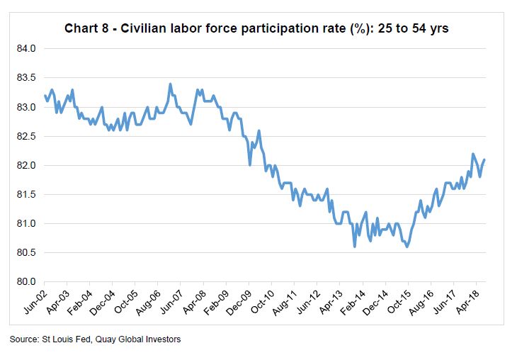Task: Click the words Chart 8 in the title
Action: (88, 28)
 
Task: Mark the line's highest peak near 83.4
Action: (170, 84)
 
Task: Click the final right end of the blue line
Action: (484, 159)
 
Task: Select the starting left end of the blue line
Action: (45, 95)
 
